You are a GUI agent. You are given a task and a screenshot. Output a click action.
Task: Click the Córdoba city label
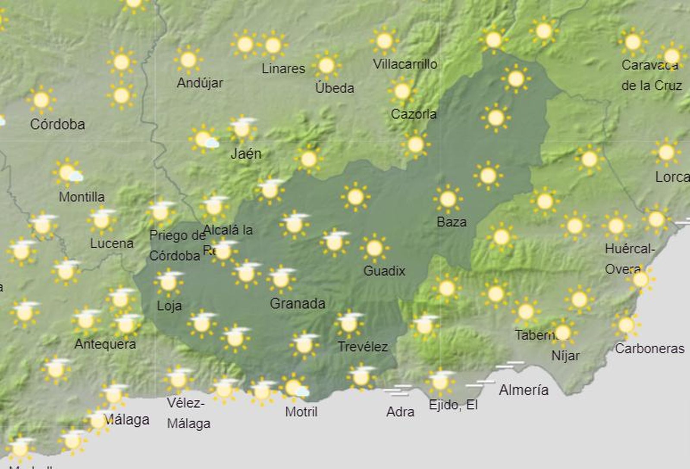57,124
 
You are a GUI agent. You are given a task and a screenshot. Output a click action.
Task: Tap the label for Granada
297,303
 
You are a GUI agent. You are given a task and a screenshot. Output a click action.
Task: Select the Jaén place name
246,153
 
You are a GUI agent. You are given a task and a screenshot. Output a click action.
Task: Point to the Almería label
524,390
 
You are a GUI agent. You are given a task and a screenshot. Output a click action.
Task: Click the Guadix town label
384,271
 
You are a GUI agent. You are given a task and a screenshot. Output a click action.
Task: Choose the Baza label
452,222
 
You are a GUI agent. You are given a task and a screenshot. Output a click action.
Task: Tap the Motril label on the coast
301,412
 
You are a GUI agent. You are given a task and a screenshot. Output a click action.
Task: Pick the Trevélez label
363,346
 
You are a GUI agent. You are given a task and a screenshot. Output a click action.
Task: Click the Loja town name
169,306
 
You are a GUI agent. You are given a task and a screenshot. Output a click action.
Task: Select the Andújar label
200,82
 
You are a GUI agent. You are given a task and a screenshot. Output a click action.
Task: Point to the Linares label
283,68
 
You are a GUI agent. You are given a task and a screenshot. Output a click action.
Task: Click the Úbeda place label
335,88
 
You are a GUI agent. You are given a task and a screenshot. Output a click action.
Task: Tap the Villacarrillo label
405,64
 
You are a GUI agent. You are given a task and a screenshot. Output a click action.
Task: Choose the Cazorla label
414,114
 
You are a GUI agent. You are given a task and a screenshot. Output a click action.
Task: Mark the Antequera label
105,344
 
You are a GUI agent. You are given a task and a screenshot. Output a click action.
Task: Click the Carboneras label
649,348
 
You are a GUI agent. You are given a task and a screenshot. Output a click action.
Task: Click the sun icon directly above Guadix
374,248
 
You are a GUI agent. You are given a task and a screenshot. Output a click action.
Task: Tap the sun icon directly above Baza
448,199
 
